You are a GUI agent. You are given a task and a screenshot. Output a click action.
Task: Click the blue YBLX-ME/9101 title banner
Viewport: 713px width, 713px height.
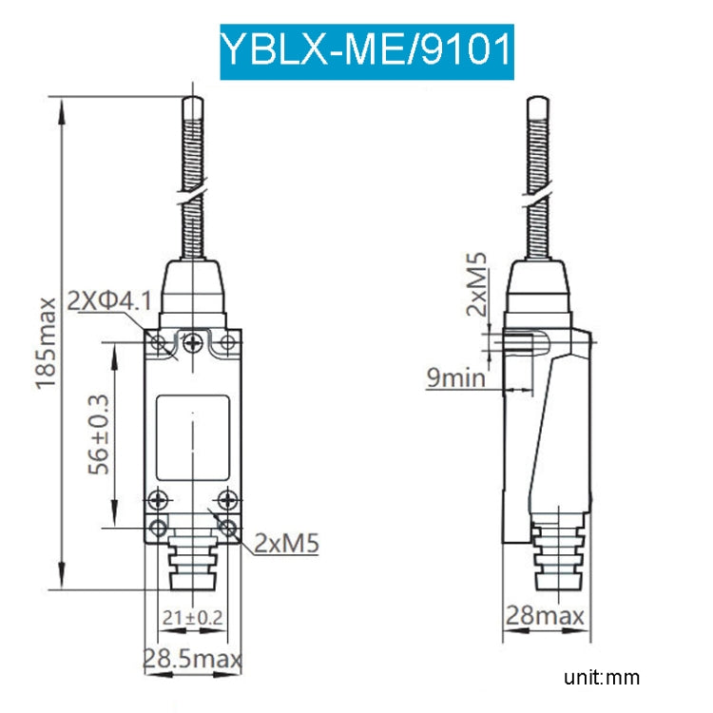(367, 51)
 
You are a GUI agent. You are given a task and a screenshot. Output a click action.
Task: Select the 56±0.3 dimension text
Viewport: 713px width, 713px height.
(99, 433)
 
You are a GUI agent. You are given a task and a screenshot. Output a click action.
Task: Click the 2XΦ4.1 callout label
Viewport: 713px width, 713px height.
(109, 301)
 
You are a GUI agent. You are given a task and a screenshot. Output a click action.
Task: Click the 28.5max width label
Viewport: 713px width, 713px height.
(192, 658)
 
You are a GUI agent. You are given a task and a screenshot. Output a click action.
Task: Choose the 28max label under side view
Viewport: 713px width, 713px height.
(545, 617)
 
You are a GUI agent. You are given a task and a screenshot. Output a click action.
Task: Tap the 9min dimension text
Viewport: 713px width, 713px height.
(455, 379)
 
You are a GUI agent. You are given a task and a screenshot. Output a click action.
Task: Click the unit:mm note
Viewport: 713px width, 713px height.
(601, 678)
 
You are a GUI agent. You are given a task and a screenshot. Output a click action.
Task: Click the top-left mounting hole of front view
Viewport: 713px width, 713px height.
(161, 343)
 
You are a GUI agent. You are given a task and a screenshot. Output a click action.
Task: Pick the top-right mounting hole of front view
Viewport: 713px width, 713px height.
(227, 343)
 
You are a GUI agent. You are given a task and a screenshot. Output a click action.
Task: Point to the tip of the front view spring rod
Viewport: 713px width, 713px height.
(194, 99)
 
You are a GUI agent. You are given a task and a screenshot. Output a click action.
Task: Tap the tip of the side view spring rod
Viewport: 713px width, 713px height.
(537, 99)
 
